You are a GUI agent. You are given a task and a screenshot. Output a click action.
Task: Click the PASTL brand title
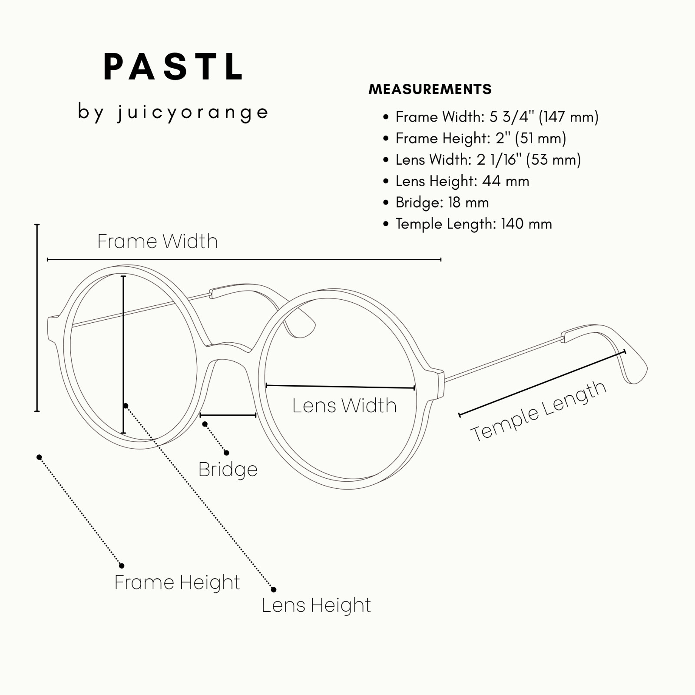pos(173,67)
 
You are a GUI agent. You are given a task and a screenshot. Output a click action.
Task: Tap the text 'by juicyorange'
pos(173,112)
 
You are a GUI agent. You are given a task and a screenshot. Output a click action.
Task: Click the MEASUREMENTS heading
pos(430,89)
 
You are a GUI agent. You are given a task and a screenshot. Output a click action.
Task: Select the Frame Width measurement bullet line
pos(491,117)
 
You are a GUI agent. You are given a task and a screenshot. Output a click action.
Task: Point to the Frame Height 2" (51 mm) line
pos(475,138)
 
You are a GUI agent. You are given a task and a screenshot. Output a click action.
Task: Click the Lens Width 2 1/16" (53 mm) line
pos(482,159)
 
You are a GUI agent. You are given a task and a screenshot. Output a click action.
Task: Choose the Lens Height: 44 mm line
pos(456,181)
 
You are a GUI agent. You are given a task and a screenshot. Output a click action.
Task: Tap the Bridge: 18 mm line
pos(436,202)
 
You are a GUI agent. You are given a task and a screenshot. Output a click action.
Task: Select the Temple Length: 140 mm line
pos(467,224)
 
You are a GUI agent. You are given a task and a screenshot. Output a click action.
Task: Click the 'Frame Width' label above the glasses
pos(157,241)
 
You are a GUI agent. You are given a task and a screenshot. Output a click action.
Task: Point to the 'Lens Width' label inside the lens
pos(344,406)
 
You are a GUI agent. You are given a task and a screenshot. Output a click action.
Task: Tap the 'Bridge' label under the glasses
pos(228,470)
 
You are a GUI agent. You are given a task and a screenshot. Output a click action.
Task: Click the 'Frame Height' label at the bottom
pos(177,582)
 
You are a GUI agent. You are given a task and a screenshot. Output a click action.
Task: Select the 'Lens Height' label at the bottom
pos(316,605)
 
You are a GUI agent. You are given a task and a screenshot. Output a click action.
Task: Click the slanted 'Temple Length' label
pos(539,411)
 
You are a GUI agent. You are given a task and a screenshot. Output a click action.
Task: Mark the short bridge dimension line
pos(228,415)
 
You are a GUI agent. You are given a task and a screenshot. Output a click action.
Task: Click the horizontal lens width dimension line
pos(340,387)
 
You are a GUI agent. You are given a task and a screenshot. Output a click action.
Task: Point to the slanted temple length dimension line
pos(542,383)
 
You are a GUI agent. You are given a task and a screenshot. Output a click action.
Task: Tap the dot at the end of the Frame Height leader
pos(122,566)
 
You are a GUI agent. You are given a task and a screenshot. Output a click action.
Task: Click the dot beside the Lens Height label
pos(274,589)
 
